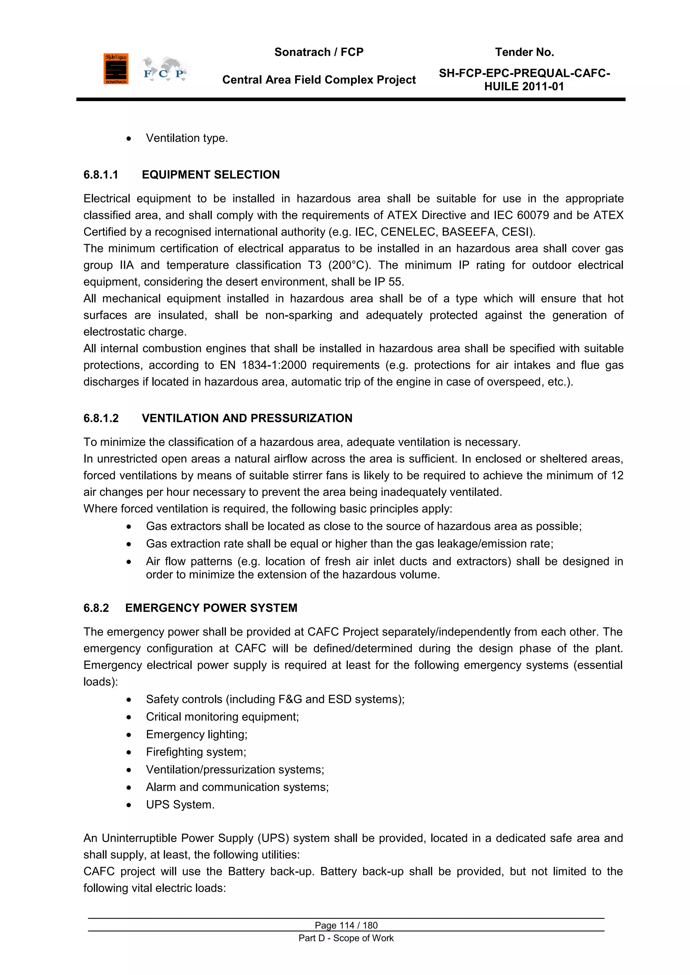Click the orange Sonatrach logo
116,69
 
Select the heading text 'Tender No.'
524,52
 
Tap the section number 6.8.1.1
101,174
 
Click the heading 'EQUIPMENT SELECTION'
211,174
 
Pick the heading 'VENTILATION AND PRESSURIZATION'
247,418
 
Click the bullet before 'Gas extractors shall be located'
129,527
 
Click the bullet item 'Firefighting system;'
196,752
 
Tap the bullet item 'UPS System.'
180,805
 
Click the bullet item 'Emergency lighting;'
196,735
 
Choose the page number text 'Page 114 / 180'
346,925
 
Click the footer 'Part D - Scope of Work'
346,938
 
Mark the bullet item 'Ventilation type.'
187,138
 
